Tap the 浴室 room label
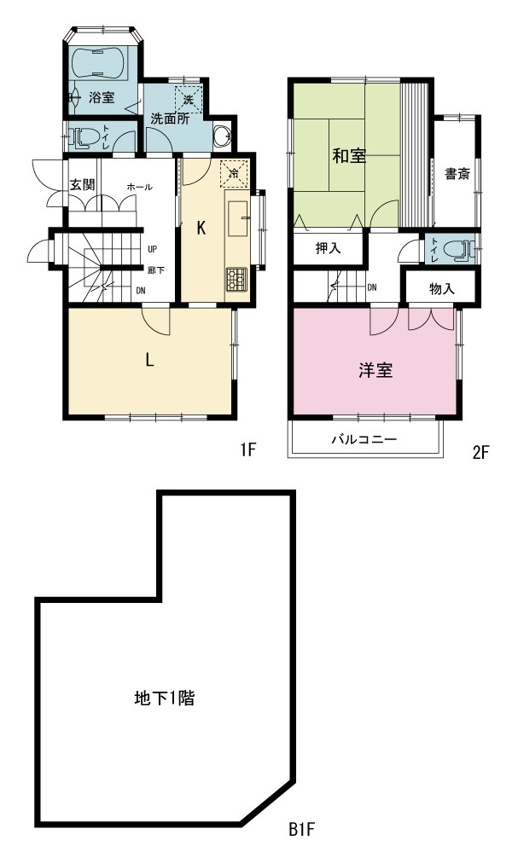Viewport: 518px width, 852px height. pyautogui.click(x=102, y=98)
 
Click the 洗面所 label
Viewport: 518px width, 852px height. pyautogui.click(x=170, y=119)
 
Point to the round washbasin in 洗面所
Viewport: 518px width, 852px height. pyautogui.click(x=222, y=136)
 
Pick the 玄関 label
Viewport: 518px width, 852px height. pyautogui.click(x=82, y=185)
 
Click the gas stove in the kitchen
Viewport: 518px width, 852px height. pyautogui.click(x=236, y=280)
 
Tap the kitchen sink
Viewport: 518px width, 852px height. pyautogui.click(x=237, y=217)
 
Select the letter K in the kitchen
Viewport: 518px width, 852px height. pyautogui.click(x=201, y=229)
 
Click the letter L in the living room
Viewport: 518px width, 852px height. pyautogui.click(x=149, y=360)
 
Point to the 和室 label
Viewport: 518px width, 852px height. pyautogui.click(x=350, y=156)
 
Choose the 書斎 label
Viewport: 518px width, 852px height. pyautogui.click(x=457, y=174)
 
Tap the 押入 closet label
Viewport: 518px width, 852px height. pyautogui.click(x=329, y=248)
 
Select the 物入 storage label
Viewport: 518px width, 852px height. pyautogui.click(x=442, y=288)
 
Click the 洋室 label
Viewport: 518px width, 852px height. pyautogui.click(x=375, y=371)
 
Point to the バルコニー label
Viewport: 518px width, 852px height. pyautogui.click(x=364, y=439)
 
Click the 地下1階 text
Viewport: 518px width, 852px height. pyautogui.click(x=164, y=698)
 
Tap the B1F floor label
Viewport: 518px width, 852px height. pyautogui.click(x=302, y=830)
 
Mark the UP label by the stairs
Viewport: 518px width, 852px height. pyautogui.click(x=152, y=249)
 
